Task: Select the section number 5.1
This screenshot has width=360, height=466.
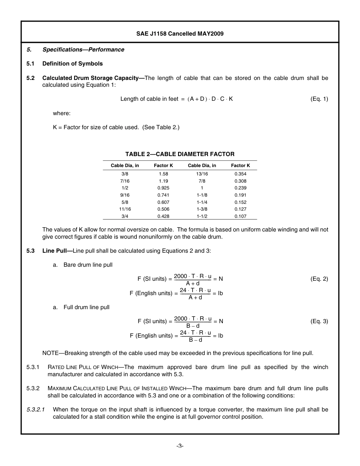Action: (x=31, y=64)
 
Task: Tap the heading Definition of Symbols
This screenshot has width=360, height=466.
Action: (x=72, y=64)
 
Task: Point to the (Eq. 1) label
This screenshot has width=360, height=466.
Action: (x=319, y=99)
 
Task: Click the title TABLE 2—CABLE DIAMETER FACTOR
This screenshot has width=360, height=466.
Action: (x=180, y=154)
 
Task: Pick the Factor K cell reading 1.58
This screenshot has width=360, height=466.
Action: (x=163, y=174)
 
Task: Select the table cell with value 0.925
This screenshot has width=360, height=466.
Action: (x=163, y=188)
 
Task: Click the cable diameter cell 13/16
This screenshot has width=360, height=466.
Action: (x=202, y=174)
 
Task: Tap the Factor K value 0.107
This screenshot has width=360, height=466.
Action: (x=240, y=216)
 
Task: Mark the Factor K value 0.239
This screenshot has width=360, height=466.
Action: (x=240, y=188)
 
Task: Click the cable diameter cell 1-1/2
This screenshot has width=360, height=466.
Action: (x=202, y=216)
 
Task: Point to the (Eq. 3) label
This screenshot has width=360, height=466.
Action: (x=319, y=321)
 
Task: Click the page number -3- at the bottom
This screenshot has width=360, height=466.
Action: (x=180, y=446)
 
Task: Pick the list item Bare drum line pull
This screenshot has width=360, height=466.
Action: (x=88, y=265)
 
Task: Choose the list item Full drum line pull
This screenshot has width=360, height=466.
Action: (x=86, y=307)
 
